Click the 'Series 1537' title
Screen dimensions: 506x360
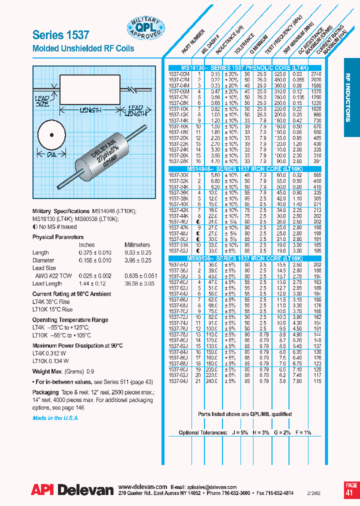click(60, 34)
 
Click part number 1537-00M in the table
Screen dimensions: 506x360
click(178, 73)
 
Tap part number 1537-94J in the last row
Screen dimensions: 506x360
click(178, 381)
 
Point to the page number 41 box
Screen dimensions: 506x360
click(351, 489)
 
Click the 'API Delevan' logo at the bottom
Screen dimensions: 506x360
click(72, 490)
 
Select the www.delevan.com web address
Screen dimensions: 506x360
click(143, 486)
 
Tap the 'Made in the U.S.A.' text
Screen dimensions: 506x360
click(55, 418)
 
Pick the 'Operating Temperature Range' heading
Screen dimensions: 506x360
click(70, 319)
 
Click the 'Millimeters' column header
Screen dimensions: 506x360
click(137, 245)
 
